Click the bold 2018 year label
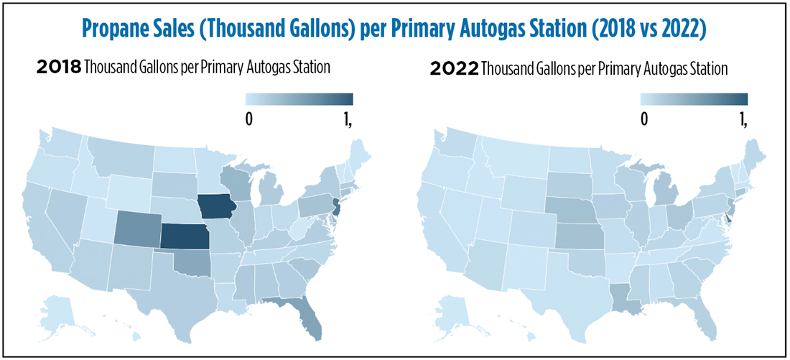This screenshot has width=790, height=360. coord(58,68)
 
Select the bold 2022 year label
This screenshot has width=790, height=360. coord(454,69)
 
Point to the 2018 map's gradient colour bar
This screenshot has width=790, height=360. coord(299,99)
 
